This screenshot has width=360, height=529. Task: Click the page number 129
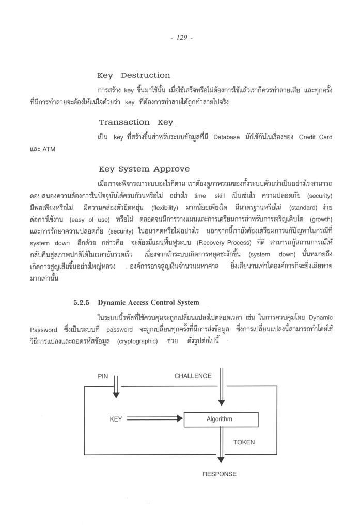coord(180,38)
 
